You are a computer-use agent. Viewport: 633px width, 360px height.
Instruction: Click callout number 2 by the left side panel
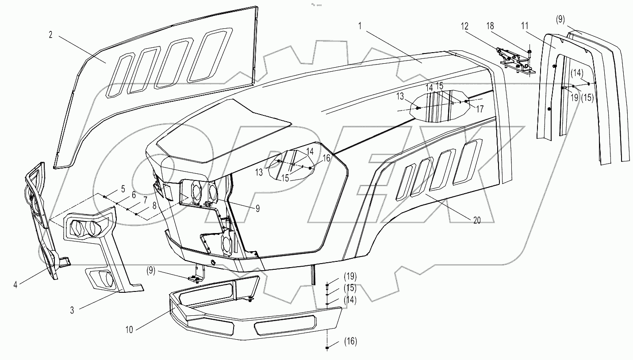[51, 35]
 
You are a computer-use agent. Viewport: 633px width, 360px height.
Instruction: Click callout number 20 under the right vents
[476, 221]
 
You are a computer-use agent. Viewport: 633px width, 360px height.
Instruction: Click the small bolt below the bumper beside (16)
[327, 349]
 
